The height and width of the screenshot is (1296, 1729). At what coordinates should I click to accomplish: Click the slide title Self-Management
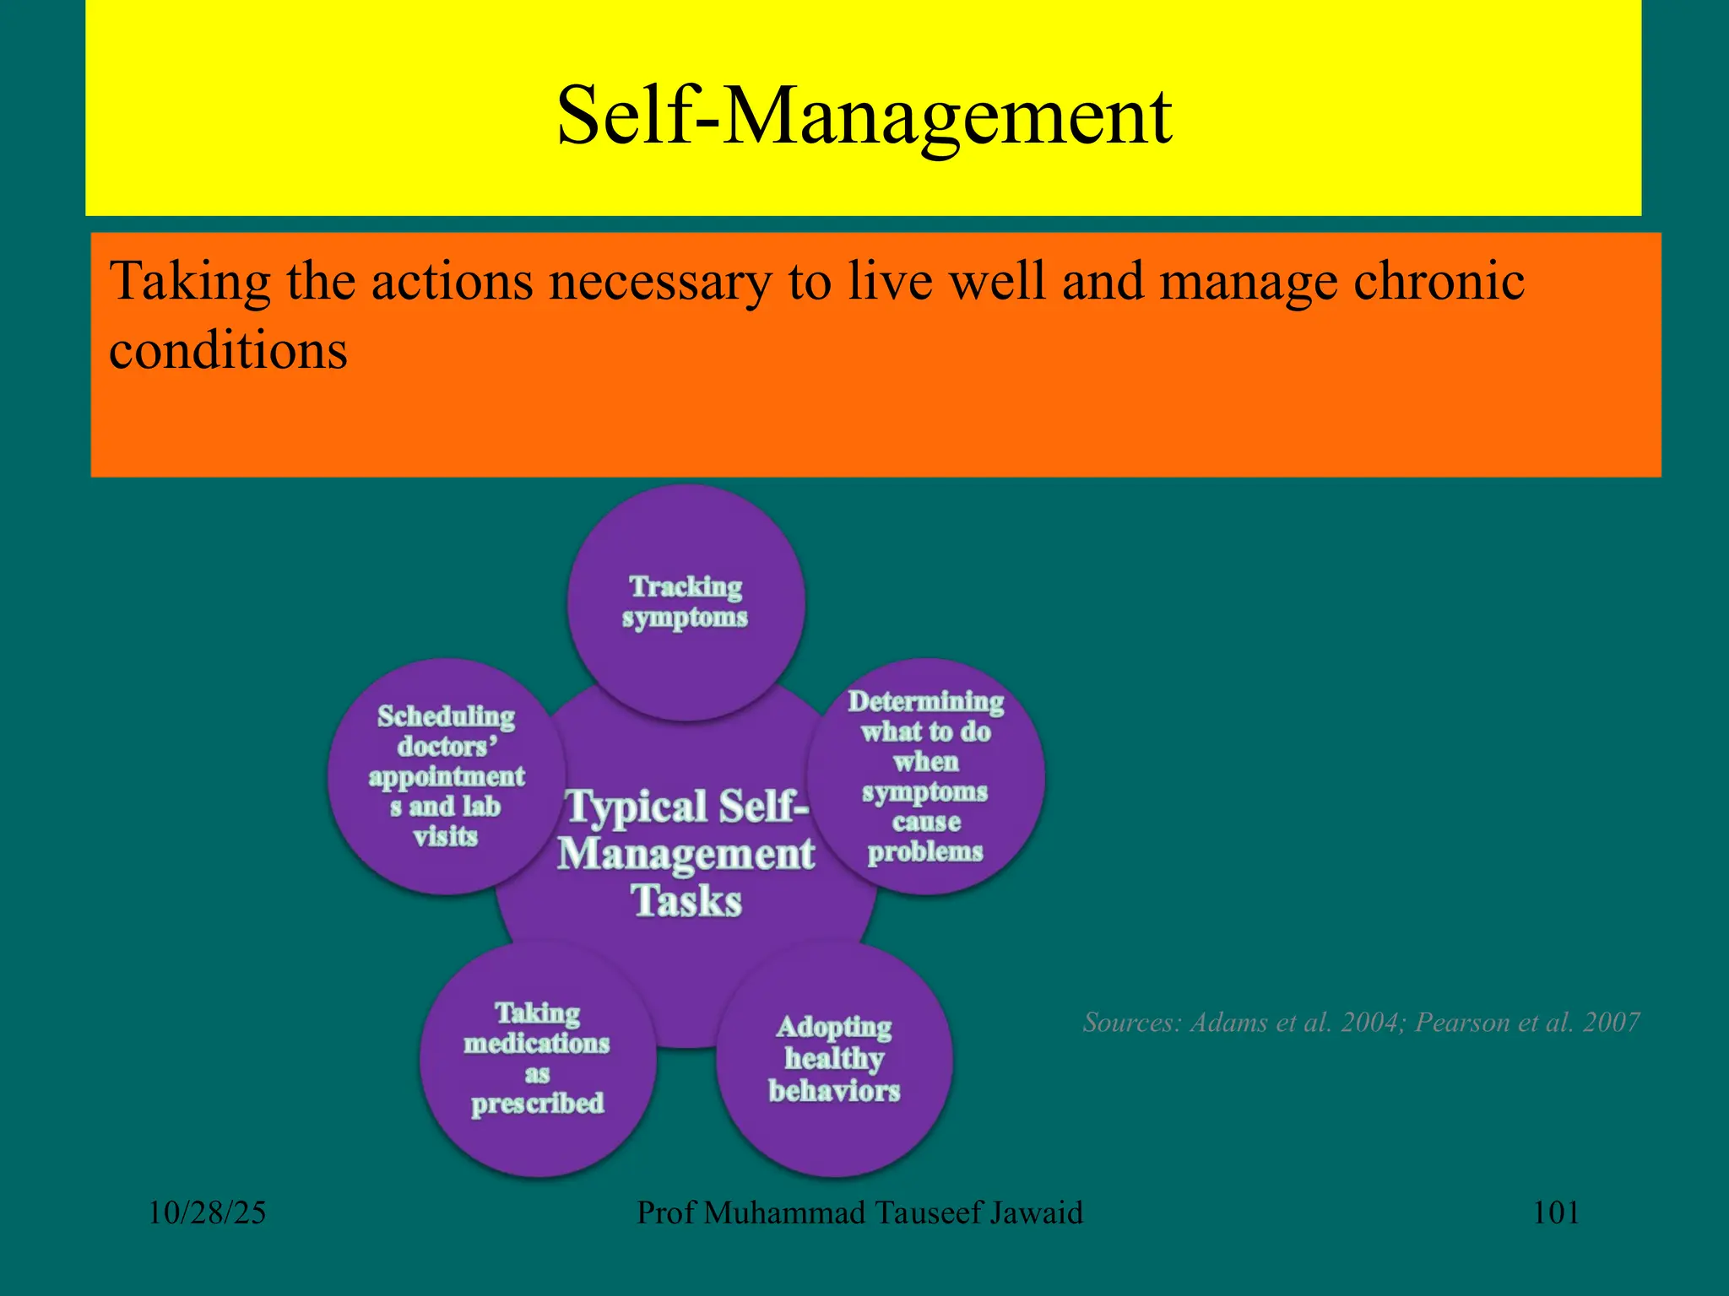pyautogui.click(x=864, y=116)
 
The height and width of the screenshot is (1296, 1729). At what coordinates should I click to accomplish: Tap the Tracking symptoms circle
pyautogui.click(x=686, y=602)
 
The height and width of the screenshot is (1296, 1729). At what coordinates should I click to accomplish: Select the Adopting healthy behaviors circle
pyautogui.click(x=834, y=1059)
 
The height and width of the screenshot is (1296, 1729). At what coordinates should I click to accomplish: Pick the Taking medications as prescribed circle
pyautogui.click(x=538, y=1059)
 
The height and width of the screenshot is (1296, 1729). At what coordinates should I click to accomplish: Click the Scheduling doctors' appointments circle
pyautogui.click(x=446, y=776)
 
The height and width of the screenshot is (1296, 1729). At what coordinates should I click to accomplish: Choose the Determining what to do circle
pyautogui.click(x=926, y=776)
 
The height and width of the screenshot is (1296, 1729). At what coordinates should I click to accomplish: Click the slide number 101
pyautogui.click(x=1555, y=1213)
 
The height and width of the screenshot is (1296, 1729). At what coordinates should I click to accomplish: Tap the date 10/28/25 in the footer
pyautogui.click(x=207, y=1213)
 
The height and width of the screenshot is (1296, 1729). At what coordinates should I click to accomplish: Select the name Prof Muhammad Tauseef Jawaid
pyautogui.click(x=859, y=1213)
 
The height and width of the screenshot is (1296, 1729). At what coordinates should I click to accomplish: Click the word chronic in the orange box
pyautogui.click(x=1439, y=281)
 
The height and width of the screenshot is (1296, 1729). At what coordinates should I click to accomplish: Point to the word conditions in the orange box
pyautogui.click(x=228, y=350)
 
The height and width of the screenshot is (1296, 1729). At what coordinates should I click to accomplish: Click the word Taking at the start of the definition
pyautogui.click(x=190, y=281)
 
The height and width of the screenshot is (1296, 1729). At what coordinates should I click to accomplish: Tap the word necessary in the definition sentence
pyautogui.click(x=659, y=283)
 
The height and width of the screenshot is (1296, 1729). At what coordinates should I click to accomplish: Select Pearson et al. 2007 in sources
pyautogui.click(x=1526, y=1023)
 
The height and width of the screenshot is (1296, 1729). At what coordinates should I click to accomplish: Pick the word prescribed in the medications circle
pyautogui.click(x=538, y=1104)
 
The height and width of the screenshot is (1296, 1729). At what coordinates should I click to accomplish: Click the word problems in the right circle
pyautogui.click(x=925, y=851)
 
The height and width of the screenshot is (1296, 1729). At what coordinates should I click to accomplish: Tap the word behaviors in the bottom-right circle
pyautogui.click(x=834, y=1091)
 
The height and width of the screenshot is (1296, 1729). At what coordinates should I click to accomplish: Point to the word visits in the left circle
pyautogui.click(x=446, y=836)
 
